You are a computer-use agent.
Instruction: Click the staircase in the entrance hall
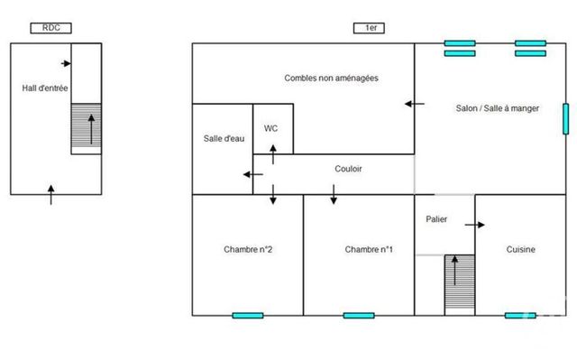[87, 128]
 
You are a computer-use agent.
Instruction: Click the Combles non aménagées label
[330, 78]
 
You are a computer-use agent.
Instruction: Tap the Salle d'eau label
[223, 138]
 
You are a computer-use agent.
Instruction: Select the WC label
[270, 128]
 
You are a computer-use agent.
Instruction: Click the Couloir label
[348, 168]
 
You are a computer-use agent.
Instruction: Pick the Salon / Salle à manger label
[497, 107]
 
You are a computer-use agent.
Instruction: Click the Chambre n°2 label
[248, 250]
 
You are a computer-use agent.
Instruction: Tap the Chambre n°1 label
[369, 250]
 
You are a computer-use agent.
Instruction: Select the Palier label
[437, 219]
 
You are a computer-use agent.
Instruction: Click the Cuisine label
[521, 250]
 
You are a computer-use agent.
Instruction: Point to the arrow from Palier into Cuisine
[475, 225]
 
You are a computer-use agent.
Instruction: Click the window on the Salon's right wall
[565, 119]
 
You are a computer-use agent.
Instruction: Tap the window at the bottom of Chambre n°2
[248, 315]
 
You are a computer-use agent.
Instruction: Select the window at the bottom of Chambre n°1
[358, 315]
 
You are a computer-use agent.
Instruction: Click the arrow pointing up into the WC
[272, 153]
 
